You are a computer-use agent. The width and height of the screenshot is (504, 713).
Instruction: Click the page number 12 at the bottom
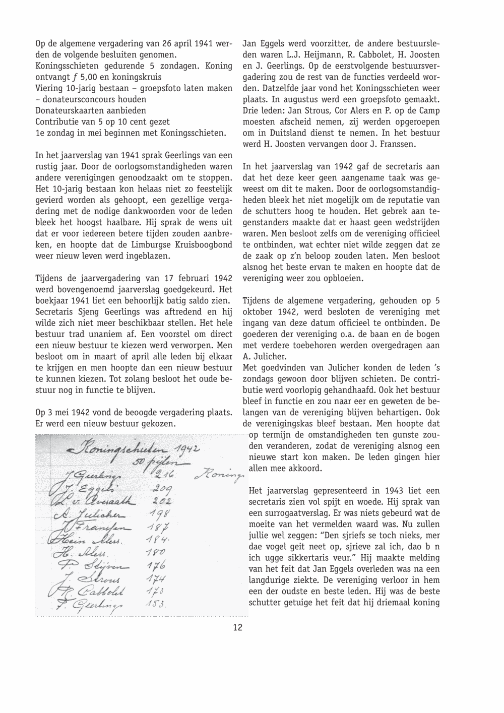click(x=238, y=627)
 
